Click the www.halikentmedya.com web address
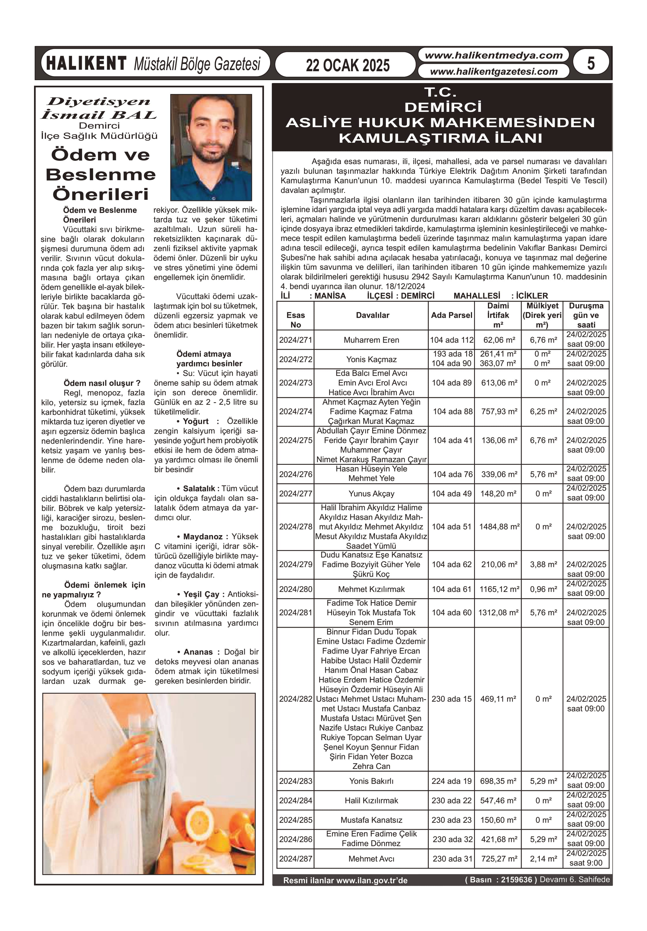(x=493, y=56)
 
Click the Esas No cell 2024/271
(x=295, y=340)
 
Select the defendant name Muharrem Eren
(x=371, y=340)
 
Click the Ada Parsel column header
(x=452, y=315)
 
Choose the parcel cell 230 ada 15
(x=452, y=699)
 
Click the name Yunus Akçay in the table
(x=371, y=494)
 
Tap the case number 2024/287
(x=295, y=858)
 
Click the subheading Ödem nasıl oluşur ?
(x=102, y=383)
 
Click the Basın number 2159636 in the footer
(x=516, y=879)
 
